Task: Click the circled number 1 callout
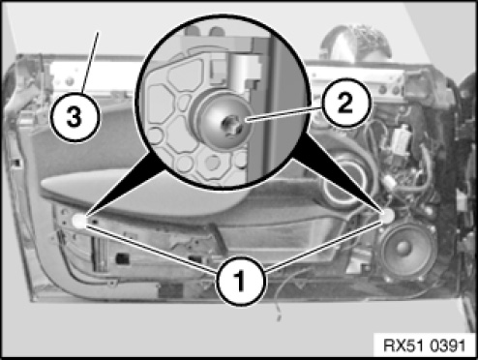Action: (x=241, y=281)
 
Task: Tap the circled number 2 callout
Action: (x=345, y=103)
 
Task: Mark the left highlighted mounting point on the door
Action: (x=79, y=221)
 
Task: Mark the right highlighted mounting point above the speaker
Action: (x=387, y=216)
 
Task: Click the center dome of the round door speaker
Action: (x=403, y=248)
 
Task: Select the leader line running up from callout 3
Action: (x=90, y=62)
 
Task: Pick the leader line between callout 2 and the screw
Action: (x=284, y=113)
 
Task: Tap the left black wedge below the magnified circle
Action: (x=124, y=184)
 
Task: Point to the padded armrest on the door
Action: (x=145, y=194)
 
